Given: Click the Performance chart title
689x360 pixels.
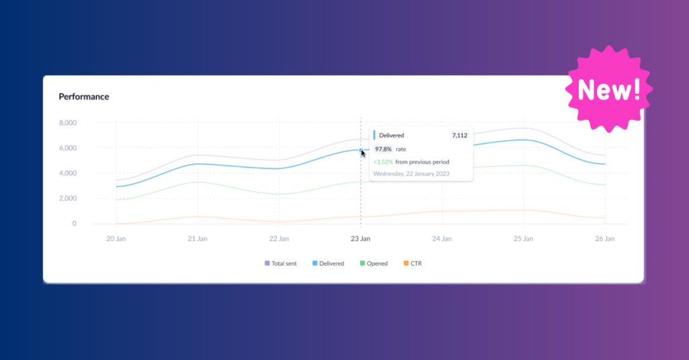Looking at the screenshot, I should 83,96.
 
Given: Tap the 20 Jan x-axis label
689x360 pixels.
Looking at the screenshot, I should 116,239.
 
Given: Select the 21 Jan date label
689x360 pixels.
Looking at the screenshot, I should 197,239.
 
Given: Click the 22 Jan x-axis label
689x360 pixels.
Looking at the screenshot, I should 279,239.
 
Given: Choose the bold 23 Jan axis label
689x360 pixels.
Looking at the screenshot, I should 361,239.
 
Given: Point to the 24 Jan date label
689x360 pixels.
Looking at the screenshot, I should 442,239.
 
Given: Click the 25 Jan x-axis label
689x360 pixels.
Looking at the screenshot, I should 523,239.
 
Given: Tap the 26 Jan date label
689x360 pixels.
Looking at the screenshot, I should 605,239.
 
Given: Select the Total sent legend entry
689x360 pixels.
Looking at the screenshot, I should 281,264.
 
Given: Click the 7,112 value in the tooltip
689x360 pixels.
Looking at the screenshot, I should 460,135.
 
